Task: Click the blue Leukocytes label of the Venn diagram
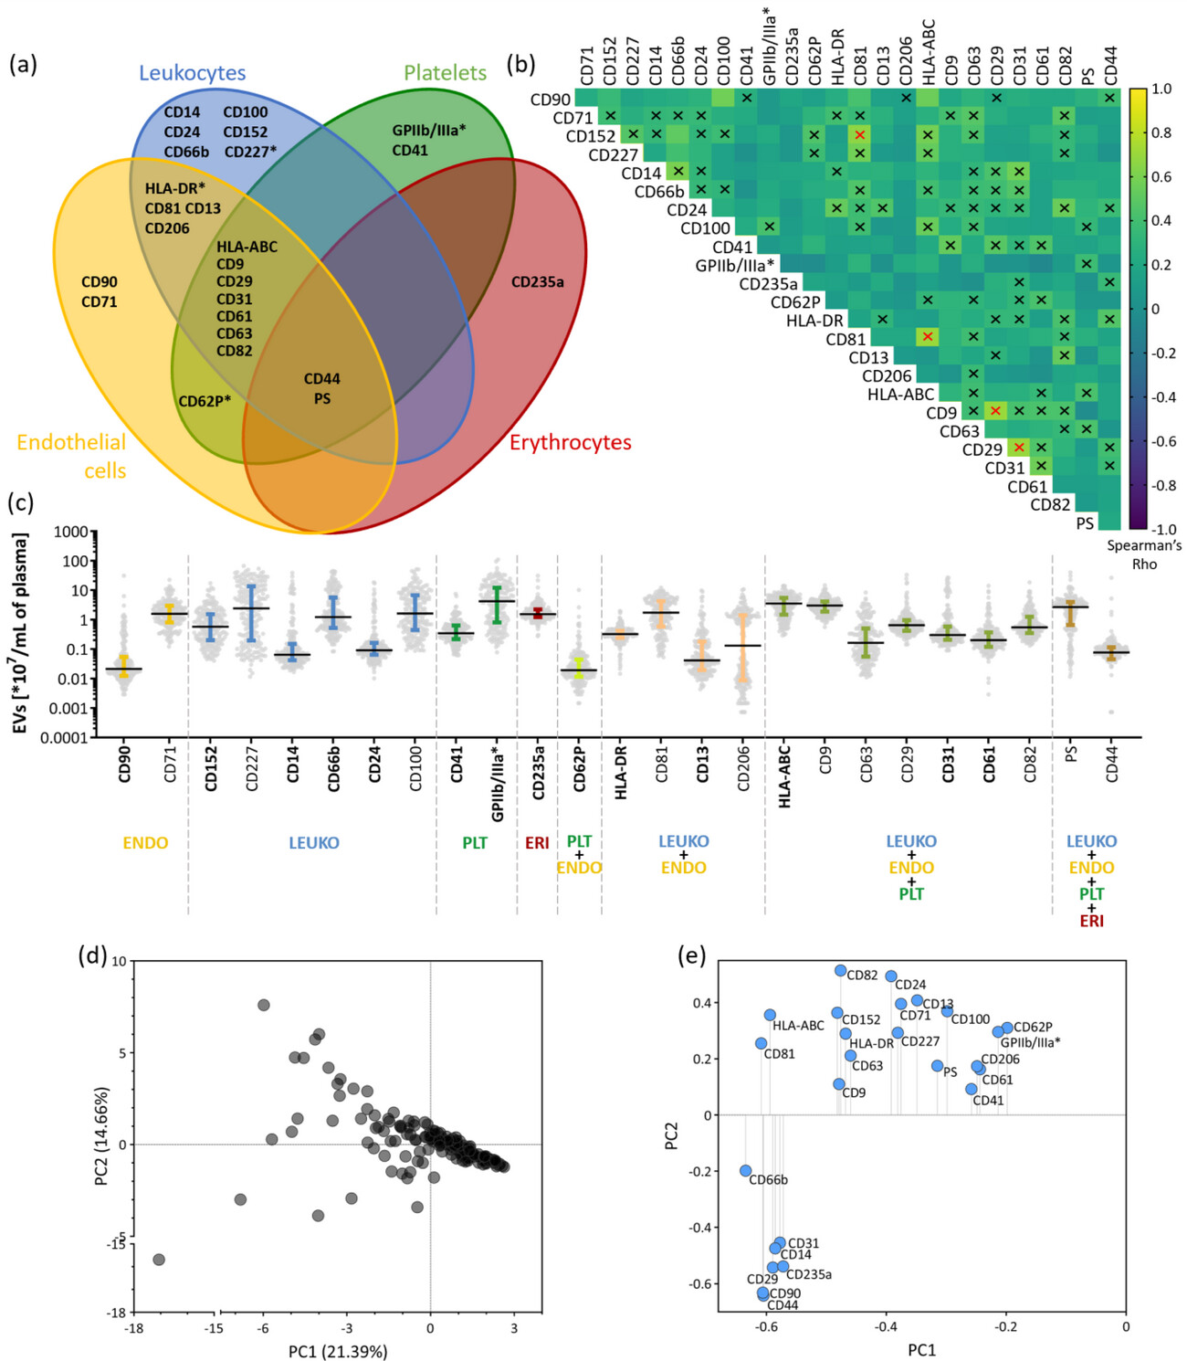pyautogui.click(x=192, y=73)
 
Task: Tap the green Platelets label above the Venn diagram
pyautogui.click(x=445, y=73)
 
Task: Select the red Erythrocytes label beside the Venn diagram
pyautogui.click(x=570, y=442)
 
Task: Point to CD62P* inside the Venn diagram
pyautogui.click(x=205, y=401)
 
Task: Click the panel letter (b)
pyautogui.click(x=521, y=65)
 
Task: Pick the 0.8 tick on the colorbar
pyautogui.click(x=1161, y=132)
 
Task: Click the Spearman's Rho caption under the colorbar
pyautogui.click(x=1144, y=554)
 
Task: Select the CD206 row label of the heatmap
pyautogui.click(x=887, y=375)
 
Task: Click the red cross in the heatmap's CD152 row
pyautogui.click(x=859, y=135)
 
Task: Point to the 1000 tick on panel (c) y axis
pyautogui.click(x=71, y=533)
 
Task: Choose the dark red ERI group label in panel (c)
pyautogui.click(x=537, y=842)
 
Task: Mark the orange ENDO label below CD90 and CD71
pyautogui.click(x=145, y=842)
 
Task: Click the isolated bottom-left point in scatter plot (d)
pyautogui.click(x=159, y=1260)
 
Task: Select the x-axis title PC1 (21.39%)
pyautogui.click(x=338, y=1351)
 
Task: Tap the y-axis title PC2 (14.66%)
pyautogui.click(x=101, y=1136)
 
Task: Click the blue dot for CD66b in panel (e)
pyautogui.click(x=746, y=1170)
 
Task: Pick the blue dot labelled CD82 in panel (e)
pyautogui.click(x=840, y=970)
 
